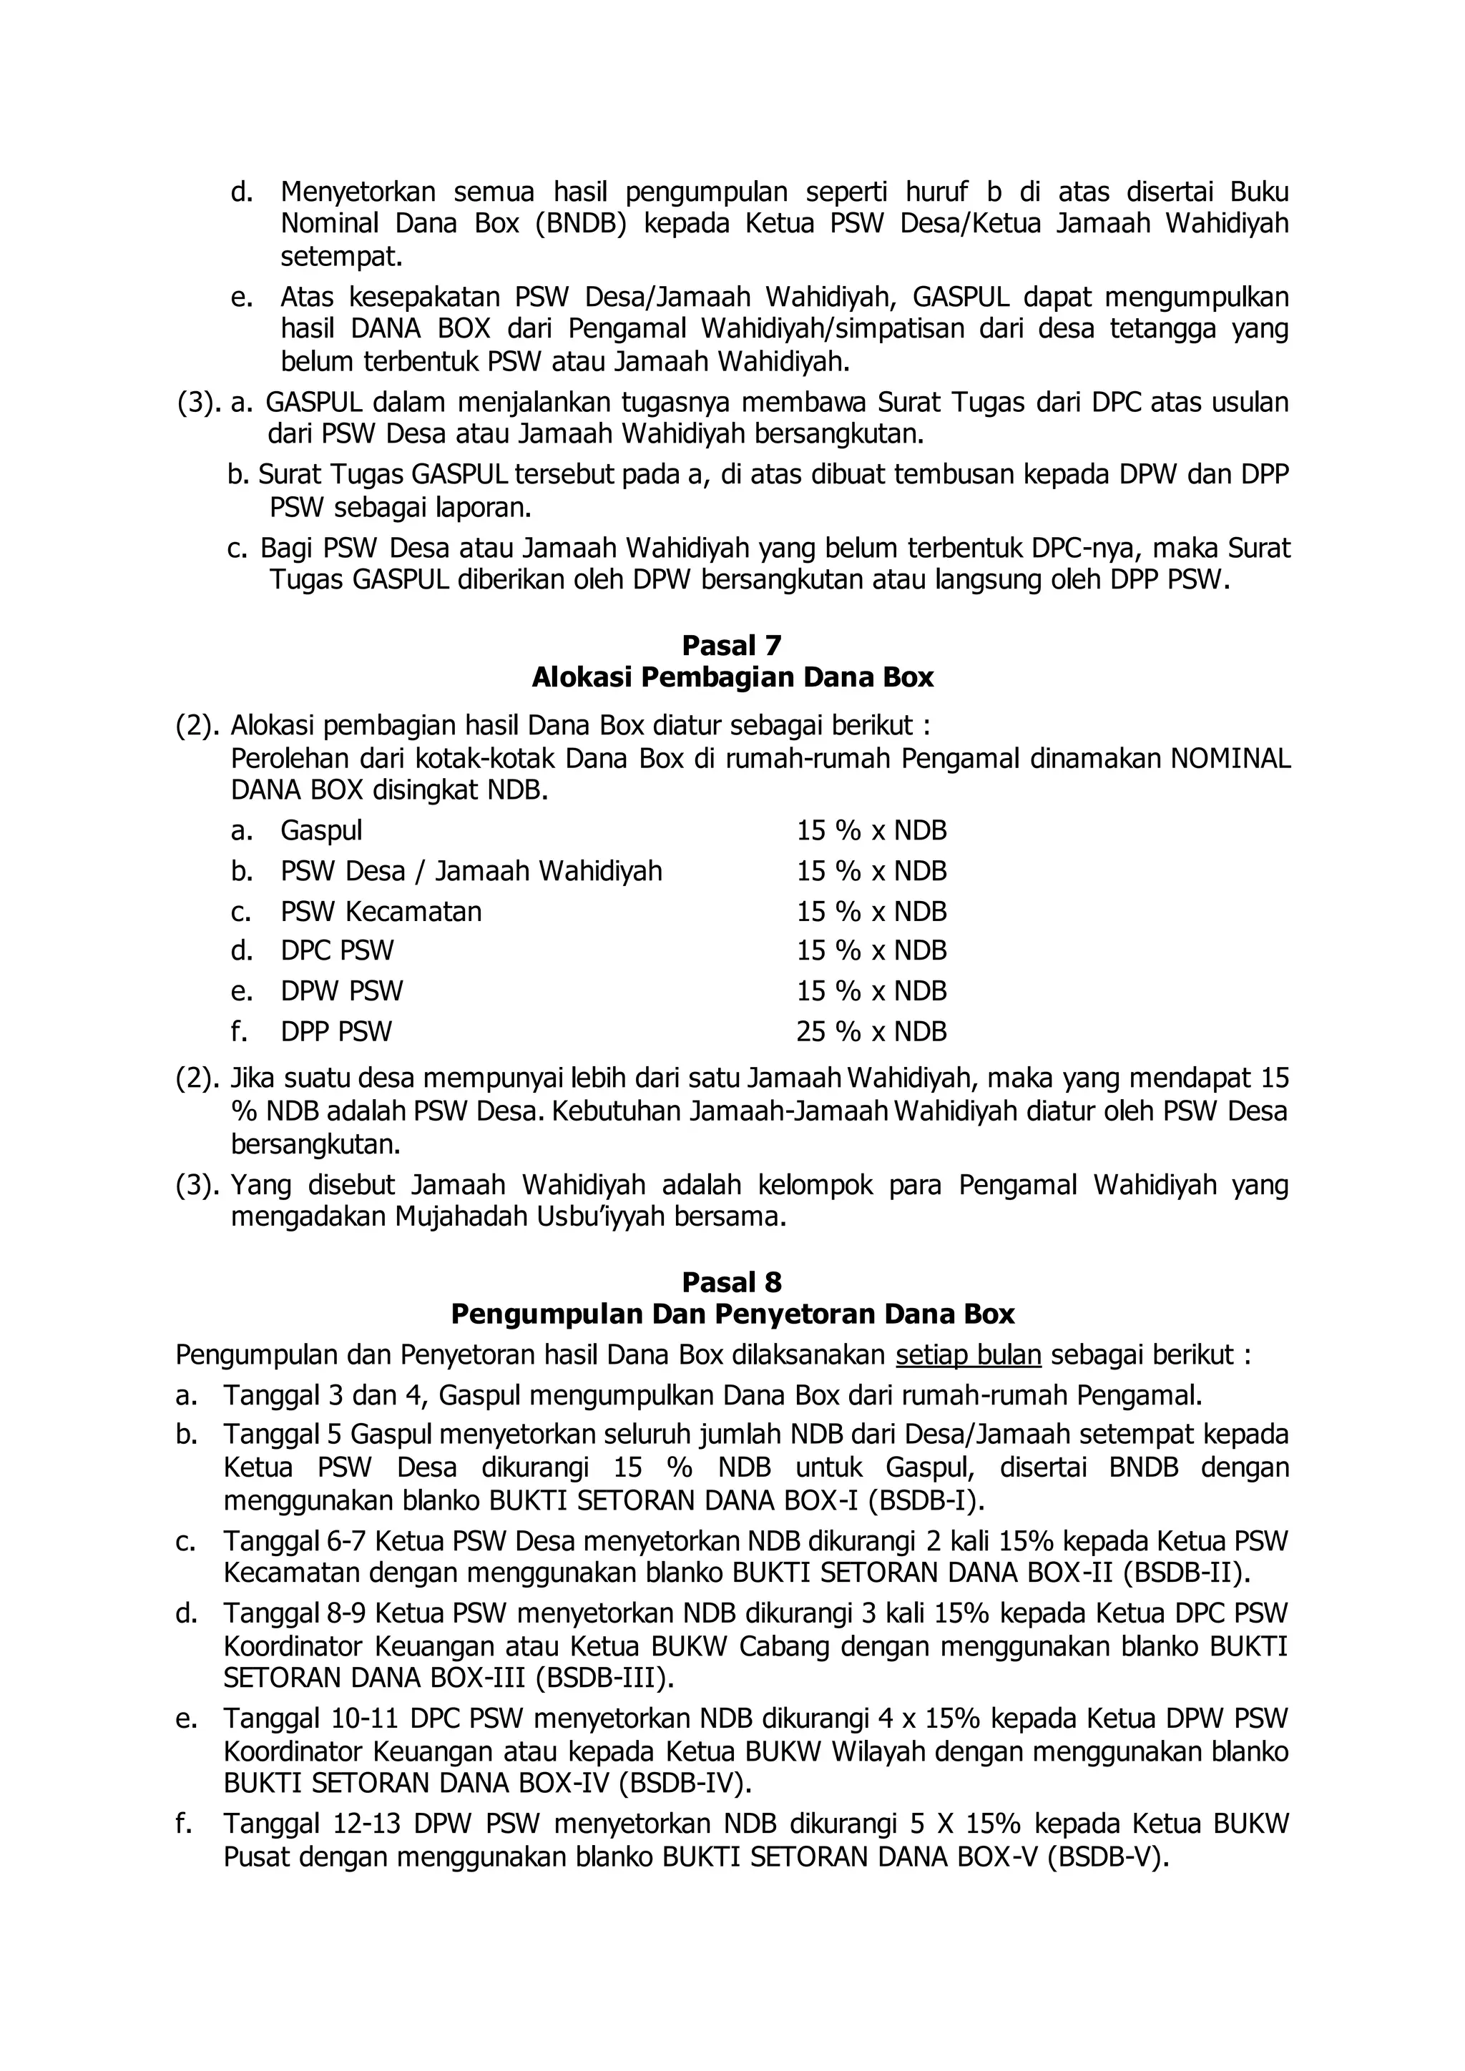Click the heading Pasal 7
click(732, 646)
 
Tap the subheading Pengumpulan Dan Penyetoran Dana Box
click(732, 1314)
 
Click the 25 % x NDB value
click(871, 1031)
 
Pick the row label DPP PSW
click(335, 1031)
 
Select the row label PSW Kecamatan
click(381, 911)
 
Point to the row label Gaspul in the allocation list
click(321, 831)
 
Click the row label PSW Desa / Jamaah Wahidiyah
click(471, 871)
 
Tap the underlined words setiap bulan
click(969, 1356)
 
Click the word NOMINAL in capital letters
click(1230, 759)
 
